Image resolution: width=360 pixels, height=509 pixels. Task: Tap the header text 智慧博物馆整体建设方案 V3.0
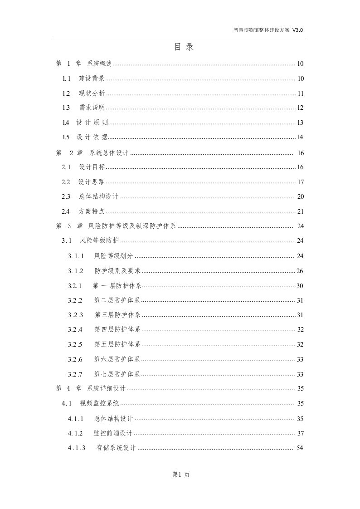[x=268, y=30]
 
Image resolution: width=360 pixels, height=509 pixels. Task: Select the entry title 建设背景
[x=92, y=78]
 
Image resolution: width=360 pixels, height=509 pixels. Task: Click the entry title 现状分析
[x=92, y=93]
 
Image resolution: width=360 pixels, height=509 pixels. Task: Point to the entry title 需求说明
[x=92, y=108]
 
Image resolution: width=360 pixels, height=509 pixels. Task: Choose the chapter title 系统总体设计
[x=109, y=152]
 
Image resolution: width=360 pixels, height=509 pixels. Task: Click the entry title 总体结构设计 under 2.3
[x=98, y=196]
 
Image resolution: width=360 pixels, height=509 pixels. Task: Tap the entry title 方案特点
[x=92, y=211]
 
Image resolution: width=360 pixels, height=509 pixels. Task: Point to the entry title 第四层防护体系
[x=117, y=329]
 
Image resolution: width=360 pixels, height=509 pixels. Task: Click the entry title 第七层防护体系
[x=117, y=374]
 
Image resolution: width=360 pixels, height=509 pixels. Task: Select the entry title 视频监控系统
[x=99, y=403]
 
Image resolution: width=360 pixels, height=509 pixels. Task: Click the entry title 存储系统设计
[x=116, y=448]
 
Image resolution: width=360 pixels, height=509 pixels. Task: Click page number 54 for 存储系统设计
[x=299, y=448]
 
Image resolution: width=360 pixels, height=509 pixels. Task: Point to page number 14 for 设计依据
[x=300, y=137]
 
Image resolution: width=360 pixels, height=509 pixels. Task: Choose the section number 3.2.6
[x=75, y=360]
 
